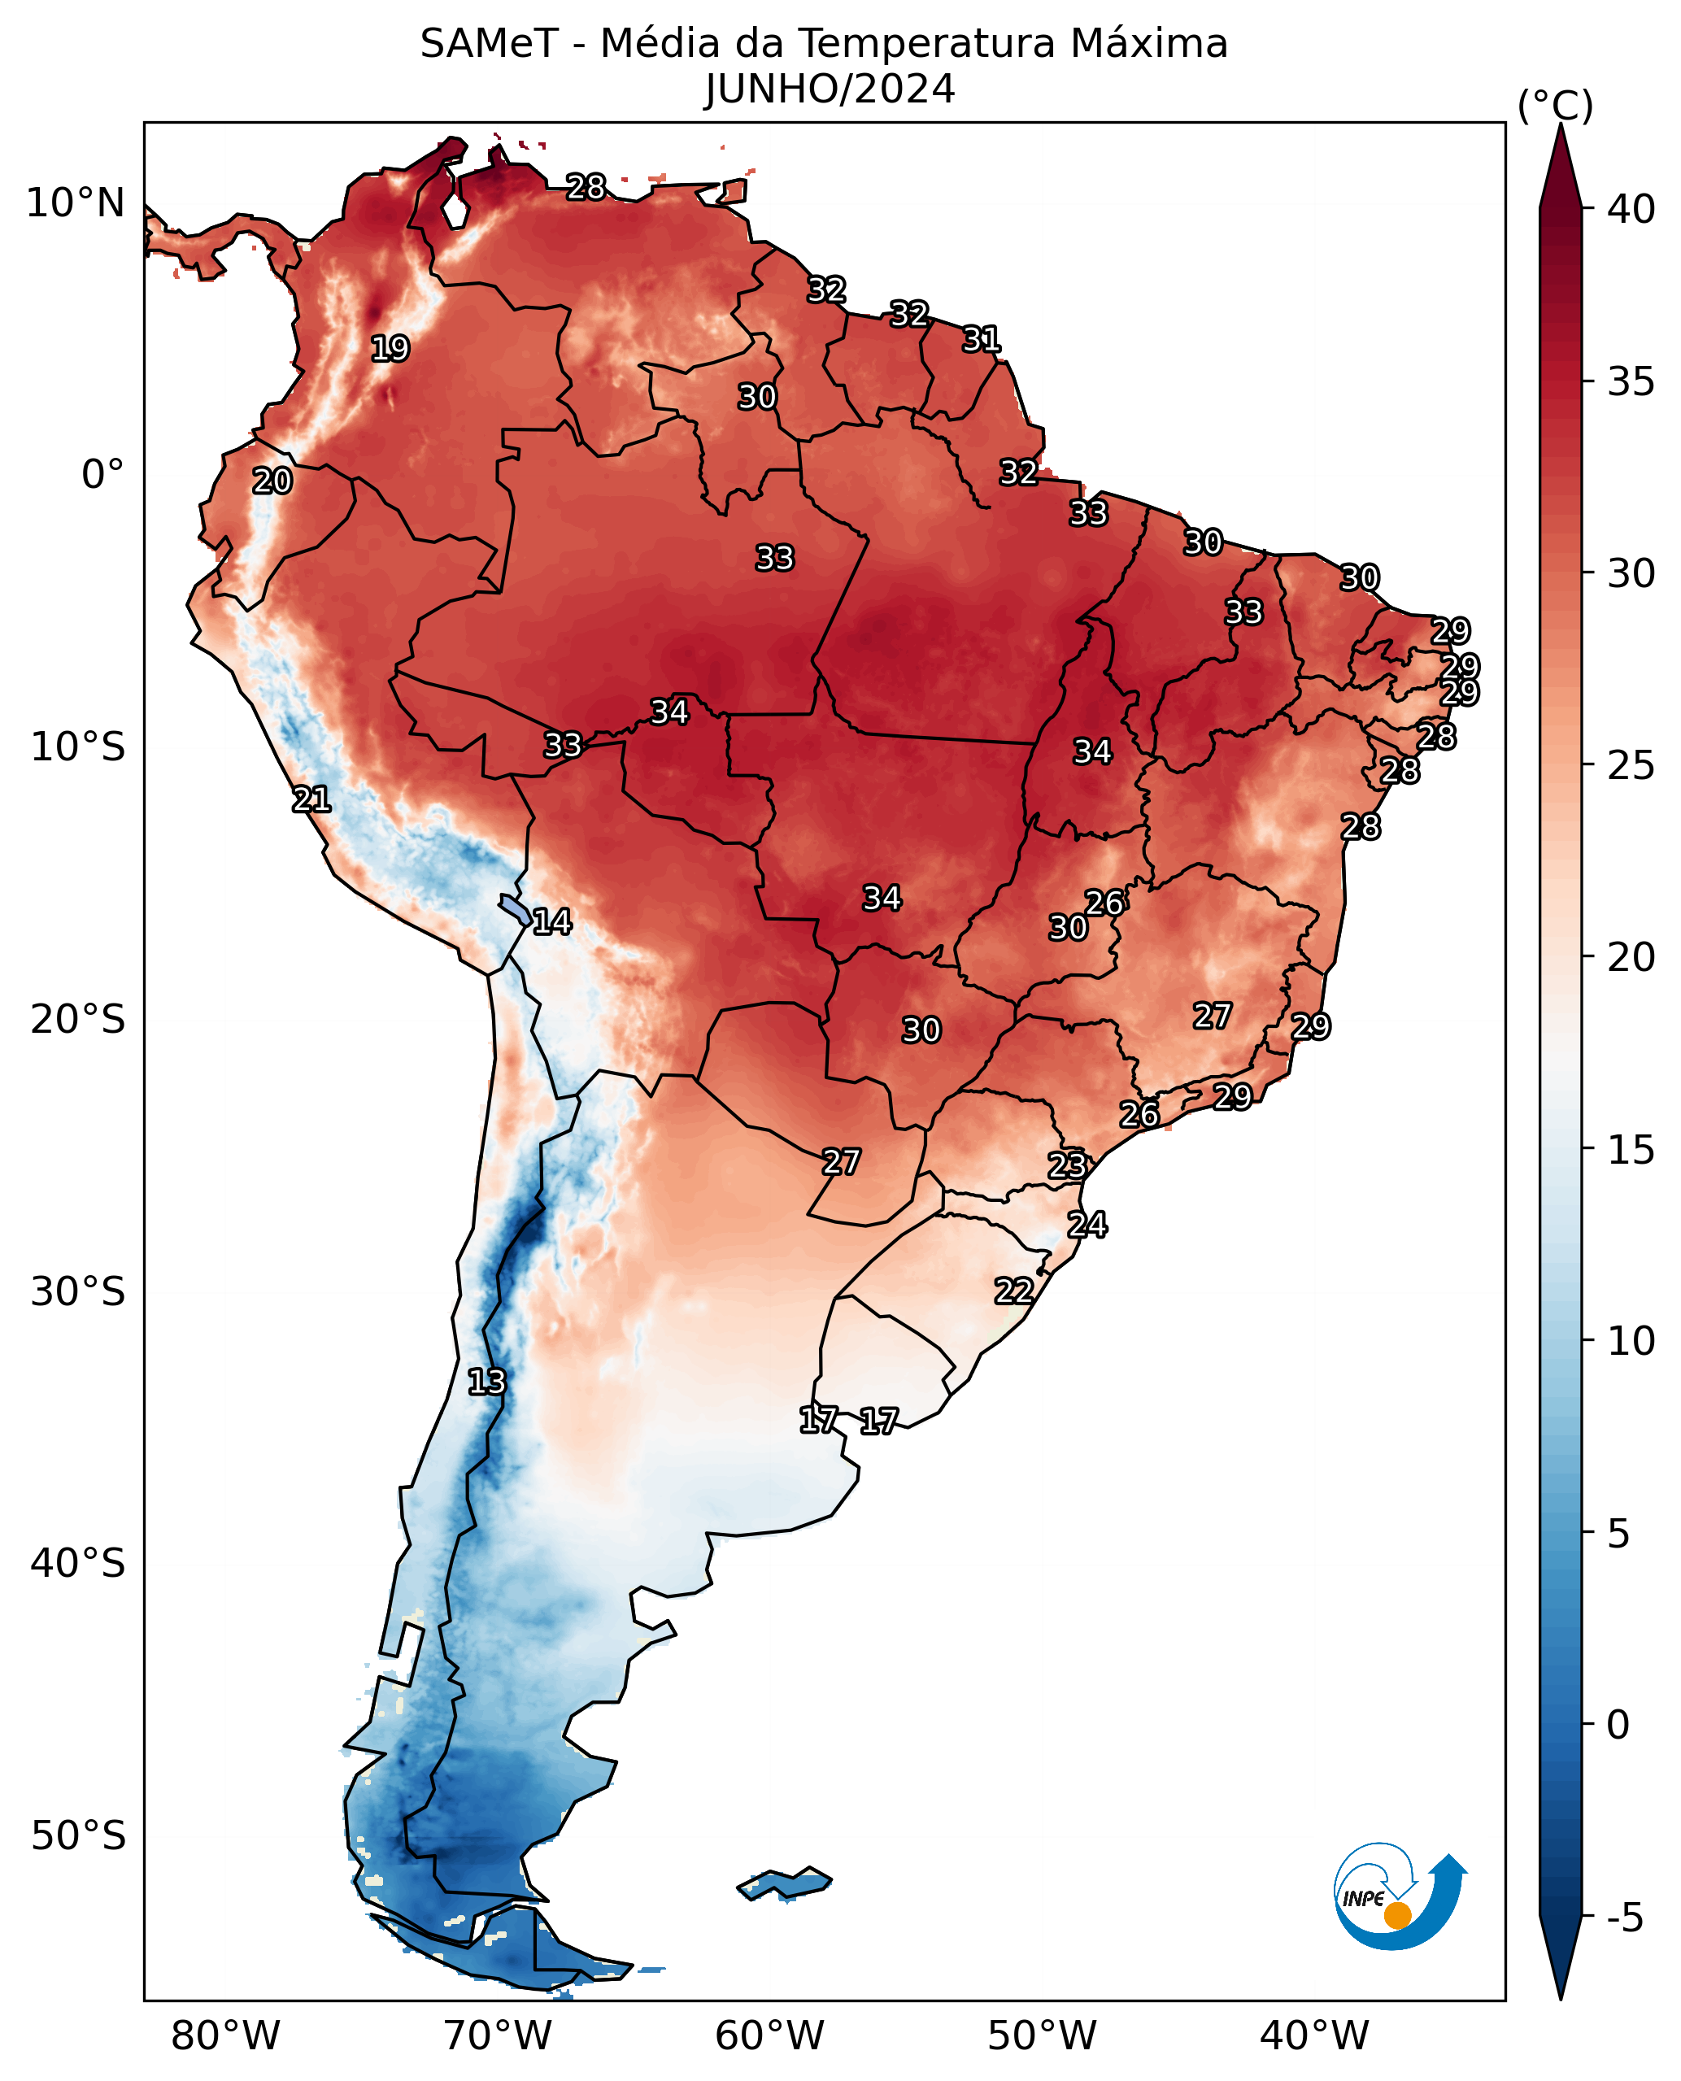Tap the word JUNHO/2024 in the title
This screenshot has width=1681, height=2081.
pos(830,90)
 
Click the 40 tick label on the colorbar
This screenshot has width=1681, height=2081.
pos(1631,209)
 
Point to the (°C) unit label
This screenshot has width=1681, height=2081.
pos(1554,106)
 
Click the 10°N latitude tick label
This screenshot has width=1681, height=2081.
pos(76,203)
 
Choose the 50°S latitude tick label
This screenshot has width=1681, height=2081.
pos(77,1836)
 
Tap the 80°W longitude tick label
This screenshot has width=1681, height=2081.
pos(224,2036)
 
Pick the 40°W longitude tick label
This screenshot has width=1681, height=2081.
pos(1314,2036)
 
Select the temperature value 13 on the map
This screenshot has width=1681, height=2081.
pos(486,1382)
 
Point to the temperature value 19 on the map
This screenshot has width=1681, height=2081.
pos(390,349)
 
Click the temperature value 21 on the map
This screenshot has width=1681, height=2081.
pos(311,800)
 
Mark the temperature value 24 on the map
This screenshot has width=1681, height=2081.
pos(1087,1225)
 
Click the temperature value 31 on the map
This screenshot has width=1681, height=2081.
pos(981,340)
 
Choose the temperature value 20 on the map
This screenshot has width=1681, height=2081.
pos(272,481)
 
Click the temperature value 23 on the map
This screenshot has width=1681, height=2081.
pos(1067,1165)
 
